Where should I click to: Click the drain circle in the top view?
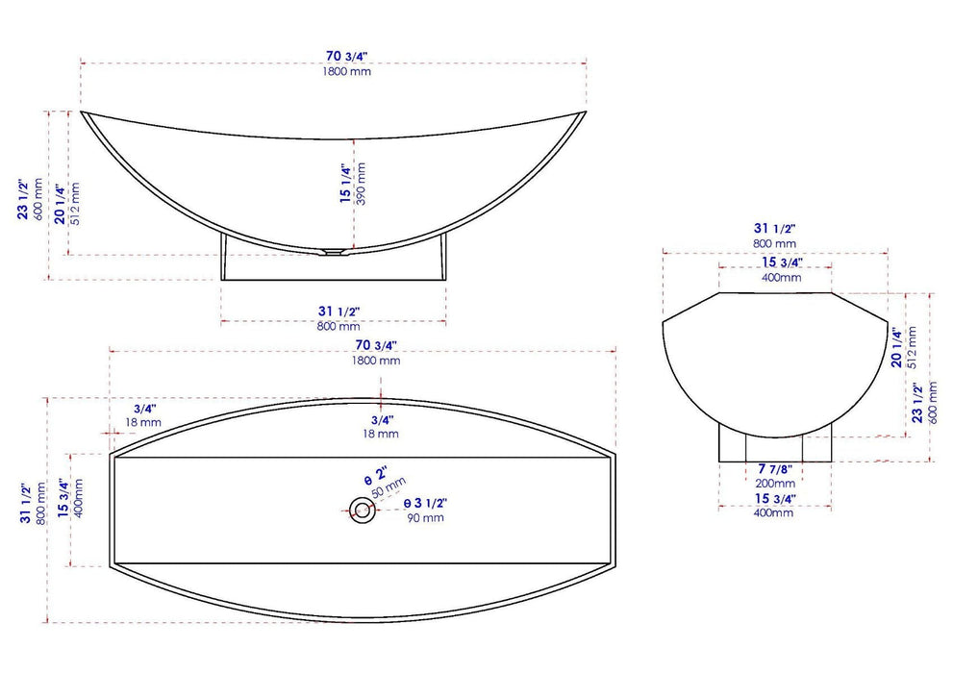tap(363, 510)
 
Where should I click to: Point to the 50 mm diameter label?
tap(389, 486)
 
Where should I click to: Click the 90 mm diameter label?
tap(424, 518)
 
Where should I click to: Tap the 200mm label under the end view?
tap(774, 484)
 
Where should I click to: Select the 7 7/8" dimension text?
tap(774, 468)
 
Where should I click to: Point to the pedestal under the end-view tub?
tap(774, 443)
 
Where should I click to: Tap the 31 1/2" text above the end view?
tap(774, 229)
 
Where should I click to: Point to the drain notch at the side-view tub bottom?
tap(332, 253)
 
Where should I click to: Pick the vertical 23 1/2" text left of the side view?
tap(23, 198)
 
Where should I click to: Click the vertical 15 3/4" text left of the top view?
tap(64, 500)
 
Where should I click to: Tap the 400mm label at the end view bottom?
tap(774, 513)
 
